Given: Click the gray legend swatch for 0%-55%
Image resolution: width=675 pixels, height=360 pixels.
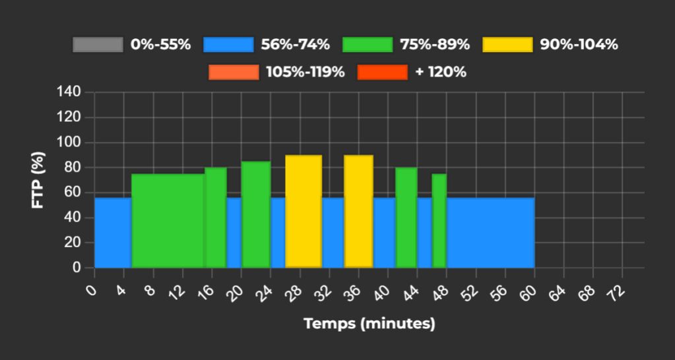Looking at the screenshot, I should coord(98,45).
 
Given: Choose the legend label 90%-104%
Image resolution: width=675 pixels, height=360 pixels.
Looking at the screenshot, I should coord(579,45).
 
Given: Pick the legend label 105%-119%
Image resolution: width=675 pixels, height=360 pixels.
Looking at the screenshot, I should coord(305,72).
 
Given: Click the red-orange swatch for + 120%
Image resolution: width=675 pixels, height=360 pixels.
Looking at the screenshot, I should coord(382,72).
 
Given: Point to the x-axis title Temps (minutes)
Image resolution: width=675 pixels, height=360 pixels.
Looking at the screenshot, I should coord(369,324).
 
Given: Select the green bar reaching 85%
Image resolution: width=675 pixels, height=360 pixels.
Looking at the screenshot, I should coord(255,214).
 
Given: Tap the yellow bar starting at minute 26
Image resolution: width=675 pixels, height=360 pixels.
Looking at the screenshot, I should coord(304,211).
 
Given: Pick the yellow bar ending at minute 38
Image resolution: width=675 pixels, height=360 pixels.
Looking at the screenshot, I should coord(358,211).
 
